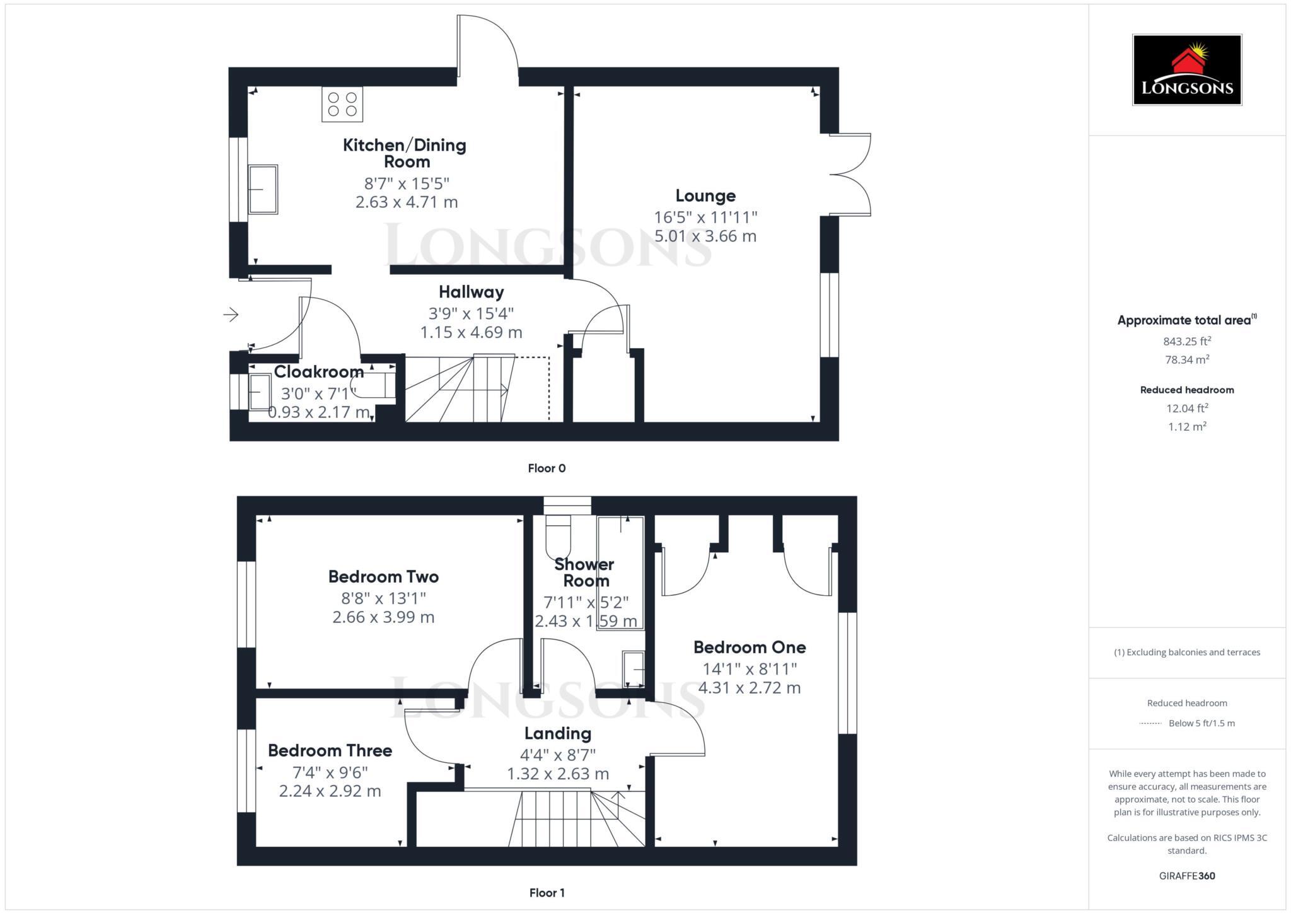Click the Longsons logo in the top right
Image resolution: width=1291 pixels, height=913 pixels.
pyautogui.click(x=1187, y=69)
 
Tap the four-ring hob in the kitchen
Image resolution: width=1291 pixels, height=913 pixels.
pyautogui.click(x=342, y=104)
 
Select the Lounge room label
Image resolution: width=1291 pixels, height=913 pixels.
pyautogui.click(x=705, y=195)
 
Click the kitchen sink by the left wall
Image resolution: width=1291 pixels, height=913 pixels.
pyautogui.click(x=263, y=189)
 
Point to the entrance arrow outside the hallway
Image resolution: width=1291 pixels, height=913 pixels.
pyautogui.click(x=231, y=314)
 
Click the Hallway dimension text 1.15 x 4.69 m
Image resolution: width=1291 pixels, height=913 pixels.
pyautogui.click(x=471, y=332)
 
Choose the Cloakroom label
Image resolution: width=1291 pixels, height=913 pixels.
pyautogui.click(x=318, y=372)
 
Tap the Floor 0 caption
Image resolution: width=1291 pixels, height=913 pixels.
pyautogui.click(x=547, y=468)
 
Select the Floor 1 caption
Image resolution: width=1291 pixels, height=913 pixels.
pyautogui.click(x=547, y=893)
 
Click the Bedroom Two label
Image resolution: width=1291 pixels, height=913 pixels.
pyautogui.click(x=383, y=576)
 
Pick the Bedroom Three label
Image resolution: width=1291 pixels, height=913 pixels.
pyautogui.click(x=330, y=750)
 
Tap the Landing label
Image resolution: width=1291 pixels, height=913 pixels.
pyautogui.click(x=558, y=733)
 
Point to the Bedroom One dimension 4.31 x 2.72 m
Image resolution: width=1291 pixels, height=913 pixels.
pyautogui.click(x=750, y=688)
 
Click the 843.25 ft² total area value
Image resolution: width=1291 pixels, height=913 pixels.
pyautogui.click(x=1187, y=342)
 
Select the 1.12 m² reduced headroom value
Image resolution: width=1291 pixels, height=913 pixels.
pyautogui.click(x=1187, y=427)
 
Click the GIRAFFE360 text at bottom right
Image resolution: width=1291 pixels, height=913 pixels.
pyautogui.click(x=1187, y=876)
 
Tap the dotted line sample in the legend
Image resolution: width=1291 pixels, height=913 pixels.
pyautogui.click(x=1150, y=724)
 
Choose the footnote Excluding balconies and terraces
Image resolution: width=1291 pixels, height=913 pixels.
pyautogui.click(x=1187, y=653)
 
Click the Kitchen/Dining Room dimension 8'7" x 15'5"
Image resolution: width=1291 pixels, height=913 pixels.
pyautogui.click(x=407, y=183)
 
